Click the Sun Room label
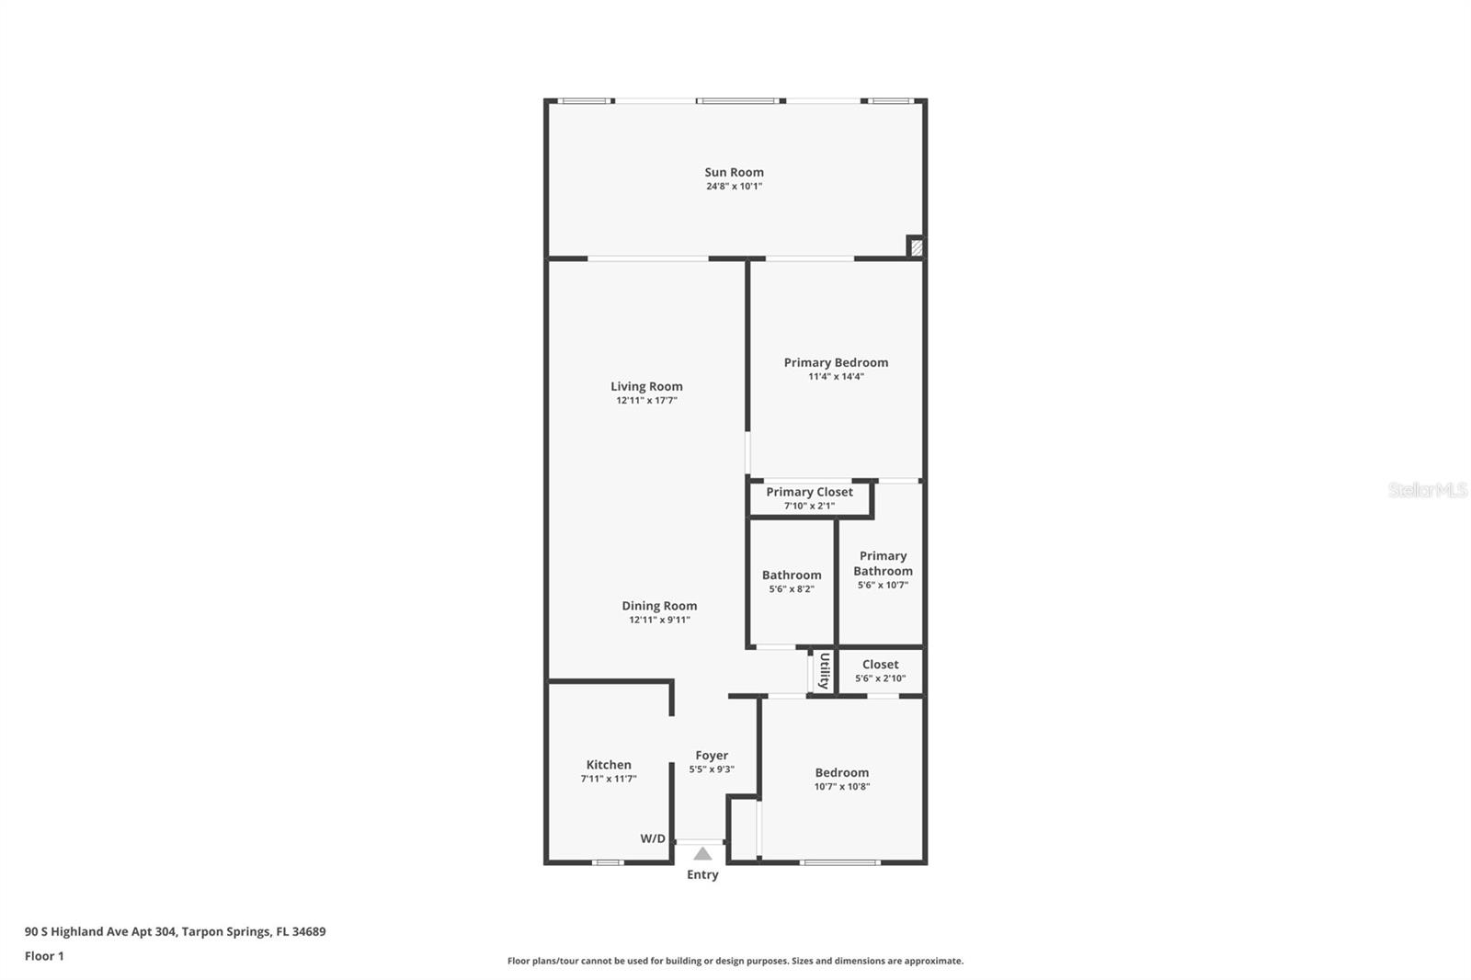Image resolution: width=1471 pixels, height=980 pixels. click(x=734, y=172)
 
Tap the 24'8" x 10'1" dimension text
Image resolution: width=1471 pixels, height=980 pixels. click(x=734, y=187)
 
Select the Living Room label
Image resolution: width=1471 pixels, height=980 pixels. click(x=646, y=387)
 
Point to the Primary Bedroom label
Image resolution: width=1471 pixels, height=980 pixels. click(x=836, y=362)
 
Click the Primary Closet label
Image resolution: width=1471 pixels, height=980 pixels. click(x=809, y=492)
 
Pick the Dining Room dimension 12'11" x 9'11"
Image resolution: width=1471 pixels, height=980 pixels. click(x=659, y=620)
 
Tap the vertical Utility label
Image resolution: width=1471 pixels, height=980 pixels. click(x=824, y=671)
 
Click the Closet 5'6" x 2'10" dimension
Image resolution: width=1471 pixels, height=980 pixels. click(x=880, y=678)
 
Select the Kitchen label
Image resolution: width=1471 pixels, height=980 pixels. click(x=609, y=765)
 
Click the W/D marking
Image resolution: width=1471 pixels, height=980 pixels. click(x=653, y=838)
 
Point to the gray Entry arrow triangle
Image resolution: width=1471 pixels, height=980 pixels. click(x=702, y=854)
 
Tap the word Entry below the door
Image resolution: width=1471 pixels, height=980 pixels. click(x=702, y=874)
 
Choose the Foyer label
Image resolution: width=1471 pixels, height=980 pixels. click(x=712, y=756)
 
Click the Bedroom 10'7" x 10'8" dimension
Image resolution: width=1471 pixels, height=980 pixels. click(x=841, y=787)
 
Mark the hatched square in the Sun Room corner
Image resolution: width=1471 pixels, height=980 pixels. click(x=916, y=246)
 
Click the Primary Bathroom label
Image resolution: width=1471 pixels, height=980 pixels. click(x=883, y=563)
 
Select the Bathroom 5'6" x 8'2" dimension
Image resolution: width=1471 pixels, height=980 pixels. click(x=792, y=589)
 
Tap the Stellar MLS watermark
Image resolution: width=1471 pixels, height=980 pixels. click(x=1427, y=490)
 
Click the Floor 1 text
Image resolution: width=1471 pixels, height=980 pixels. click(x=44, y=956)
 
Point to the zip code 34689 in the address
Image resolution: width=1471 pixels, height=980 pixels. click(x=309, y=931)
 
